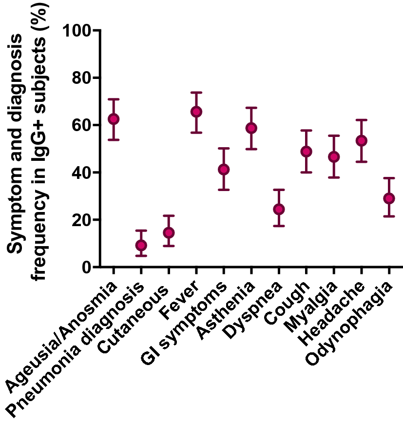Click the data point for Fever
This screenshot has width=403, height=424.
[x=196, y=112]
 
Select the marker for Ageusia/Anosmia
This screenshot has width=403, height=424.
[x=114, y=119]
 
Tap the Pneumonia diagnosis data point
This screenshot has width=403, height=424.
[x=141, y=245]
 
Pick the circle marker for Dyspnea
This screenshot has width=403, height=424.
[x=279, y=209]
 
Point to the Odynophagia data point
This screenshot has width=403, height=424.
[x=389, y=198]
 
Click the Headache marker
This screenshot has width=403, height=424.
[x=361, y=140]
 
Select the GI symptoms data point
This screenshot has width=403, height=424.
[x=224, y=169]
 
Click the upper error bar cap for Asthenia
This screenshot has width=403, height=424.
[x=251, y=108]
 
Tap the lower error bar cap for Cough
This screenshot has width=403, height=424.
[x=306, y=172]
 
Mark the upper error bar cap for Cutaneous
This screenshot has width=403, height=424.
[x=169, y=215]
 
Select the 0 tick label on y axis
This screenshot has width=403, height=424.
[x=86, y=268]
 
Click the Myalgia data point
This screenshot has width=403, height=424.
[x=334, y=156]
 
